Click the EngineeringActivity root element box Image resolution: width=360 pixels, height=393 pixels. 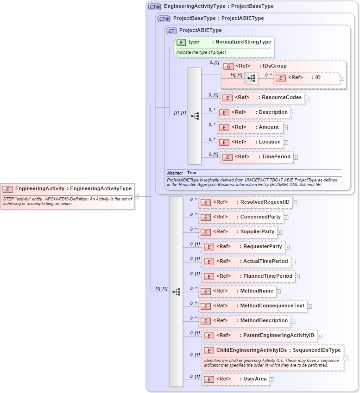[68, 189]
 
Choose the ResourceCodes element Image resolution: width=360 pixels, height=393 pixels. [262, 98]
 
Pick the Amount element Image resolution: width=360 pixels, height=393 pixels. [250, 127]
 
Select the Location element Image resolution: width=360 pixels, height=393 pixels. [251, 142]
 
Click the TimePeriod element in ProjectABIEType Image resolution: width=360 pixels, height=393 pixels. [257, 157]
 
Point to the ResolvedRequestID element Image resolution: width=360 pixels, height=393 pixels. [246, 202]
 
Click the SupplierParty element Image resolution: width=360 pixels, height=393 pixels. [238, 232]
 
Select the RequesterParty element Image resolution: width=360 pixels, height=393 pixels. [243, 247]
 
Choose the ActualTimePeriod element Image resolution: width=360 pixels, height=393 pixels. [246, 262]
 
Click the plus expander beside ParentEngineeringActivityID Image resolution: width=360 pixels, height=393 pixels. [319, 336]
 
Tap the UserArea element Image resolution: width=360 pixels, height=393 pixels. [235, 379]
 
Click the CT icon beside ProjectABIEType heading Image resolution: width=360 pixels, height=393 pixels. [172, 31]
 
